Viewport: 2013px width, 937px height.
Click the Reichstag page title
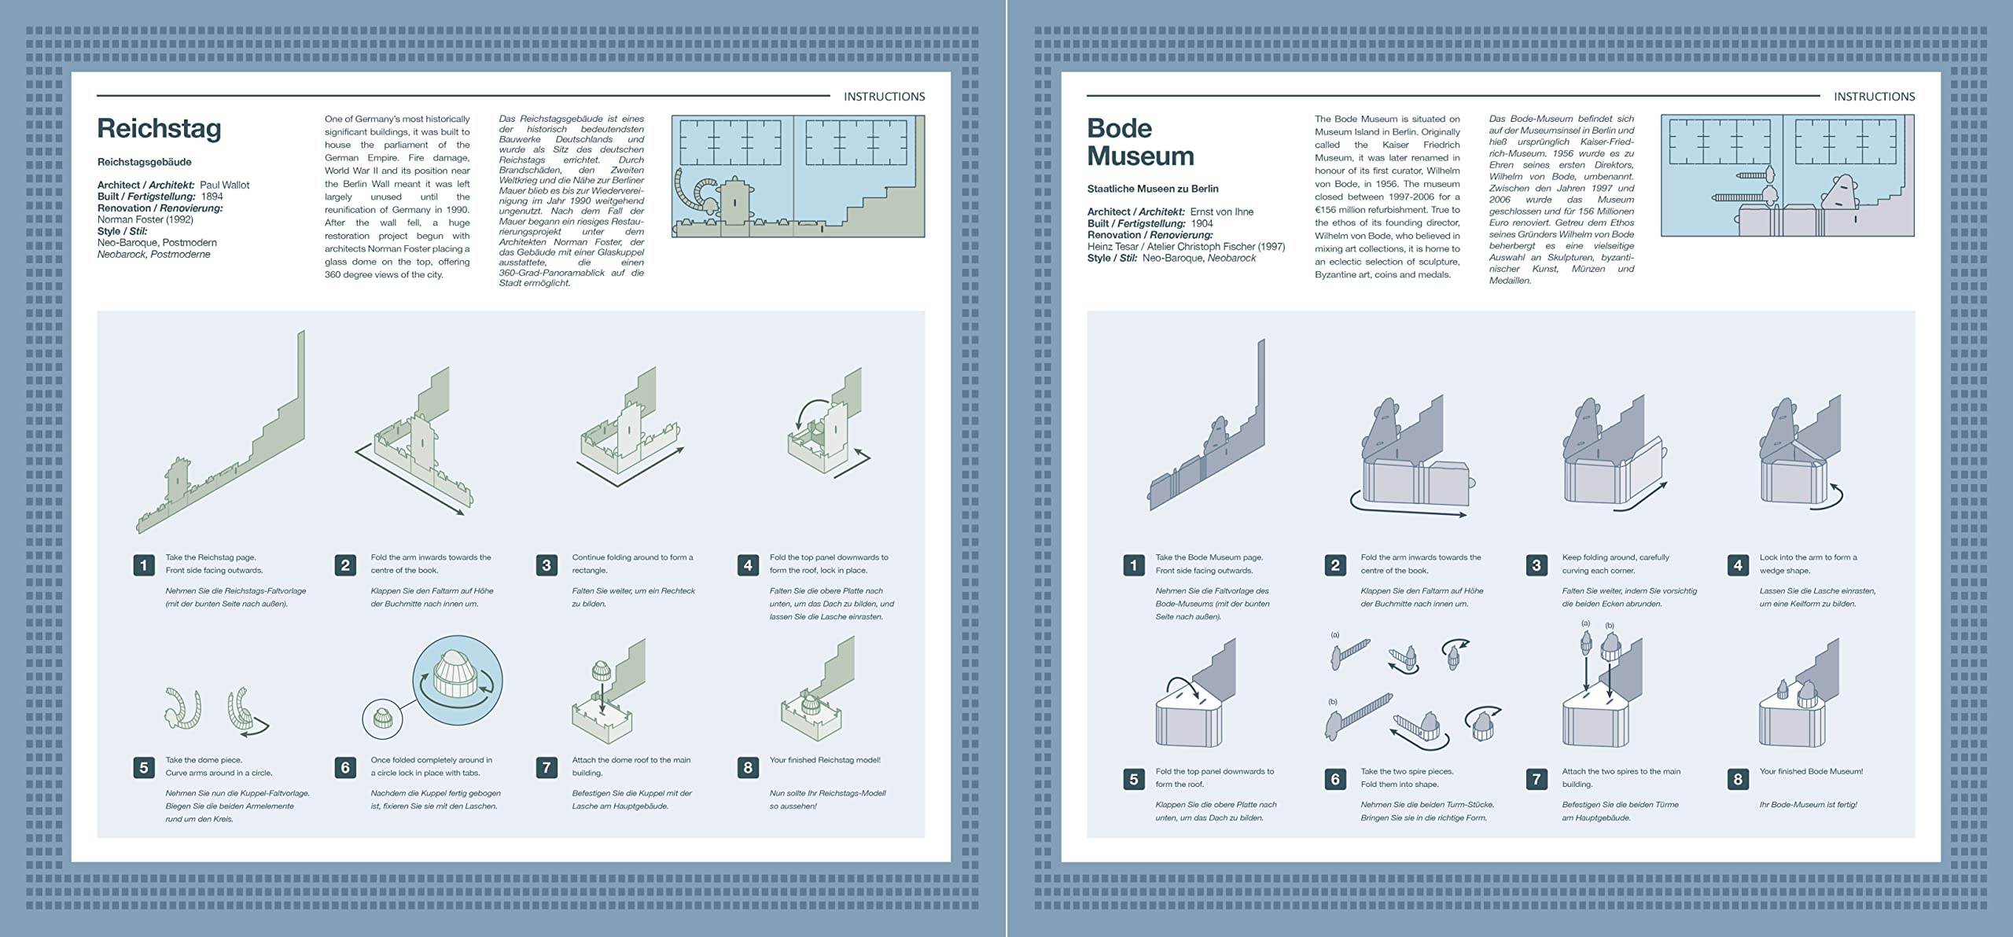[x=159, y=128]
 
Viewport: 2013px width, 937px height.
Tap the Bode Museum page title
[x=1139, y=142]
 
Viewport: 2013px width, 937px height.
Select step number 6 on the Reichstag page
[x=345, y=767]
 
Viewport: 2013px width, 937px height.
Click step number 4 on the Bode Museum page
[x=1738, y=564]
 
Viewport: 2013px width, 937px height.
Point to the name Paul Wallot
[x=224, y=185]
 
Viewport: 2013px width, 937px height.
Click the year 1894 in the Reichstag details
[x=212, y=197]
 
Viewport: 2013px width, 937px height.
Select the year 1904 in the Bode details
[x=1202, y=223]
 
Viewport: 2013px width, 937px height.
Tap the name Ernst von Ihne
[x=1221, y=211]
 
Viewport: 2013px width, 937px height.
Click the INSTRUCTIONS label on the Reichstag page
[x=884, y=97]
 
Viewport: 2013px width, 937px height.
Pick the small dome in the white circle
[x=382, y=718]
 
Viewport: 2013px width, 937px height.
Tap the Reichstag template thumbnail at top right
[x=797, y=176]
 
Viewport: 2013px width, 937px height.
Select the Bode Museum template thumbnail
[x=1787, y=176]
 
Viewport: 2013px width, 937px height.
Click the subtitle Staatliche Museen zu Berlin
[x=1152, y=189]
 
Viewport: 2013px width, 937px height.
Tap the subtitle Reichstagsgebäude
[x=144, y=162]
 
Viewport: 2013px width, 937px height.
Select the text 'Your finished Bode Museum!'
[x=1811, y=771]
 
